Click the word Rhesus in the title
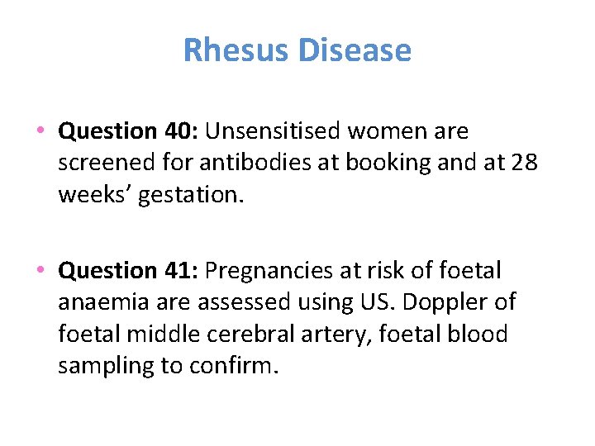click(236, 50)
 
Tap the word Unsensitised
click(274, 131)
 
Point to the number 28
click(523, 163)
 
